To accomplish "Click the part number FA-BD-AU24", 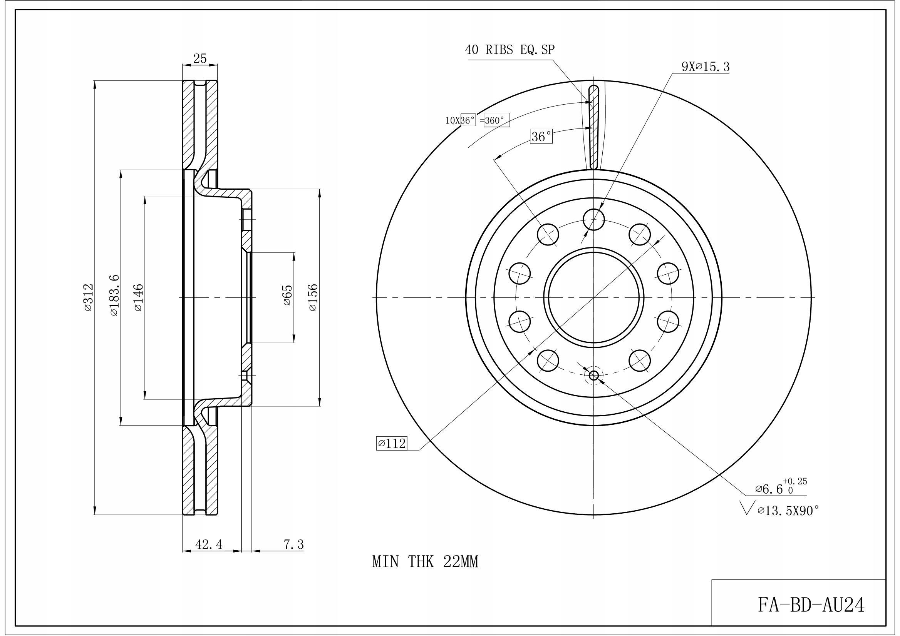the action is tap(811, 605).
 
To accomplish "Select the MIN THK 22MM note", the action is tap(425, 562).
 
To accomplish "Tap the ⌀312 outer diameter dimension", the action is tap(89, 298).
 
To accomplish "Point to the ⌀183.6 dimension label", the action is tap(113, 295).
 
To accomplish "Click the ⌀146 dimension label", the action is tap(138, 298).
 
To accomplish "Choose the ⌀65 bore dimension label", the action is tap(287, 295).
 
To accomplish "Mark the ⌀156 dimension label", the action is tap(313, 298).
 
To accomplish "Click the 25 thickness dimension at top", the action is tap(200, 59).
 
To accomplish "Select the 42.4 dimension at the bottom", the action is tap(209, 544).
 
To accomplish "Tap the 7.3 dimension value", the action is tap(294, 544).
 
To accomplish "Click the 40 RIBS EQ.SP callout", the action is tap(510, 50).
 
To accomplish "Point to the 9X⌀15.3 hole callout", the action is tap(706, 67).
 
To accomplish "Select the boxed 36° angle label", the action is tap(541, 137).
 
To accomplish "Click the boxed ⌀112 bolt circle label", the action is tap(392, 443).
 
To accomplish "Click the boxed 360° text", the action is tap(497, 120).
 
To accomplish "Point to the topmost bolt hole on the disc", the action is tap(594, 219).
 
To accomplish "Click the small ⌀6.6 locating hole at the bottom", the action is tap(594, 376).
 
